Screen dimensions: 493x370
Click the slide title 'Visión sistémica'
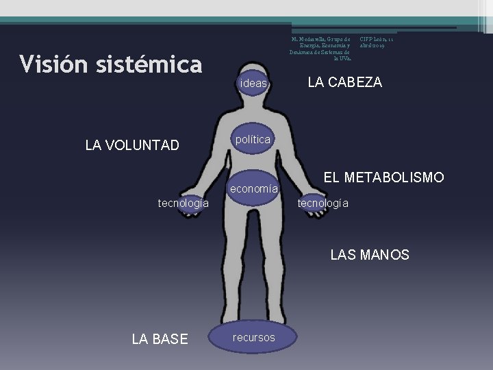[111, 64]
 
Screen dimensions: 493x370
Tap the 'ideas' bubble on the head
[253, 84]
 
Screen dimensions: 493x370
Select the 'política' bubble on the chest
[253, 140]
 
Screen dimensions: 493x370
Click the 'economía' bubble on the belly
[253, 188]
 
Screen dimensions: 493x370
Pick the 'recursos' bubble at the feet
[254, 337]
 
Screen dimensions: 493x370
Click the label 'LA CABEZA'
[345, 83]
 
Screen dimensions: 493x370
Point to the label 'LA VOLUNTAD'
[132, 145]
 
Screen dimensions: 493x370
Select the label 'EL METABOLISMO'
[383, 178]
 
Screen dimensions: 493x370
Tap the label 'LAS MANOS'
[370, 256]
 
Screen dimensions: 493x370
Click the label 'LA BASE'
[160, 338]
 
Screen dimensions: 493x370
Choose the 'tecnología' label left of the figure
[184, 203]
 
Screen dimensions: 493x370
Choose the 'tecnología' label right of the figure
[323, 203]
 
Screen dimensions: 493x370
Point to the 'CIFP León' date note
[376, 42]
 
